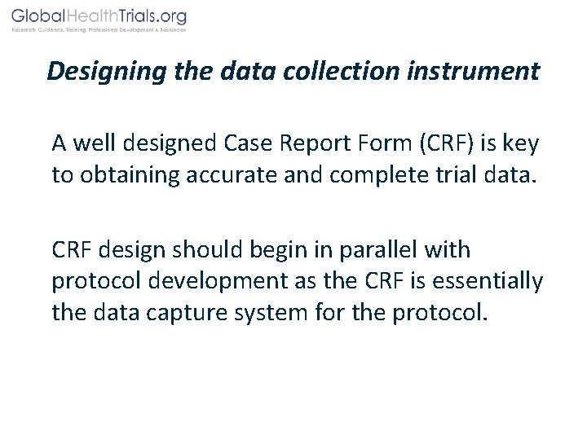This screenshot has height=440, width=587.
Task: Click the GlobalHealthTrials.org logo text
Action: (x=99, y=16)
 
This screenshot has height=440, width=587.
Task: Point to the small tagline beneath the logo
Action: (x=99, y=30)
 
